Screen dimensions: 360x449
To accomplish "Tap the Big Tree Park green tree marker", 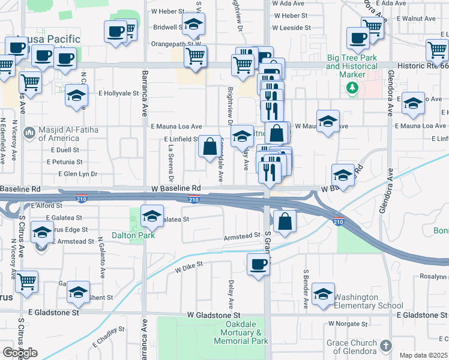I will click(352, 88).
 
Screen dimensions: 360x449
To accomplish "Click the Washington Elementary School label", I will click(369, 301).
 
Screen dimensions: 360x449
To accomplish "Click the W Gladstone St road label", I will click(213, 314).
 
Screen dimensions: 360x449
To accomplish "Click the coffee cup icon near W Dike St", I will click(259, 264).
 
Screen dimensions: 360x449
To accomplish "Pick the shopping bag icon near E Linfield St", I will click(209, 146).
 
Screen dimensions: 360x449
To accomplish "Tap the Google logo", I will click(20, 353).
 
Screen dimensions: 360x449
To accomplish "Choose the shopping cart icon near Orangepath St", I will click(195, 56).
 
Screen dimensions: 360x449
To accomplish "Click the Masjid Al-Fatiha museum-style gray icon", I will click(29, 132).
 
